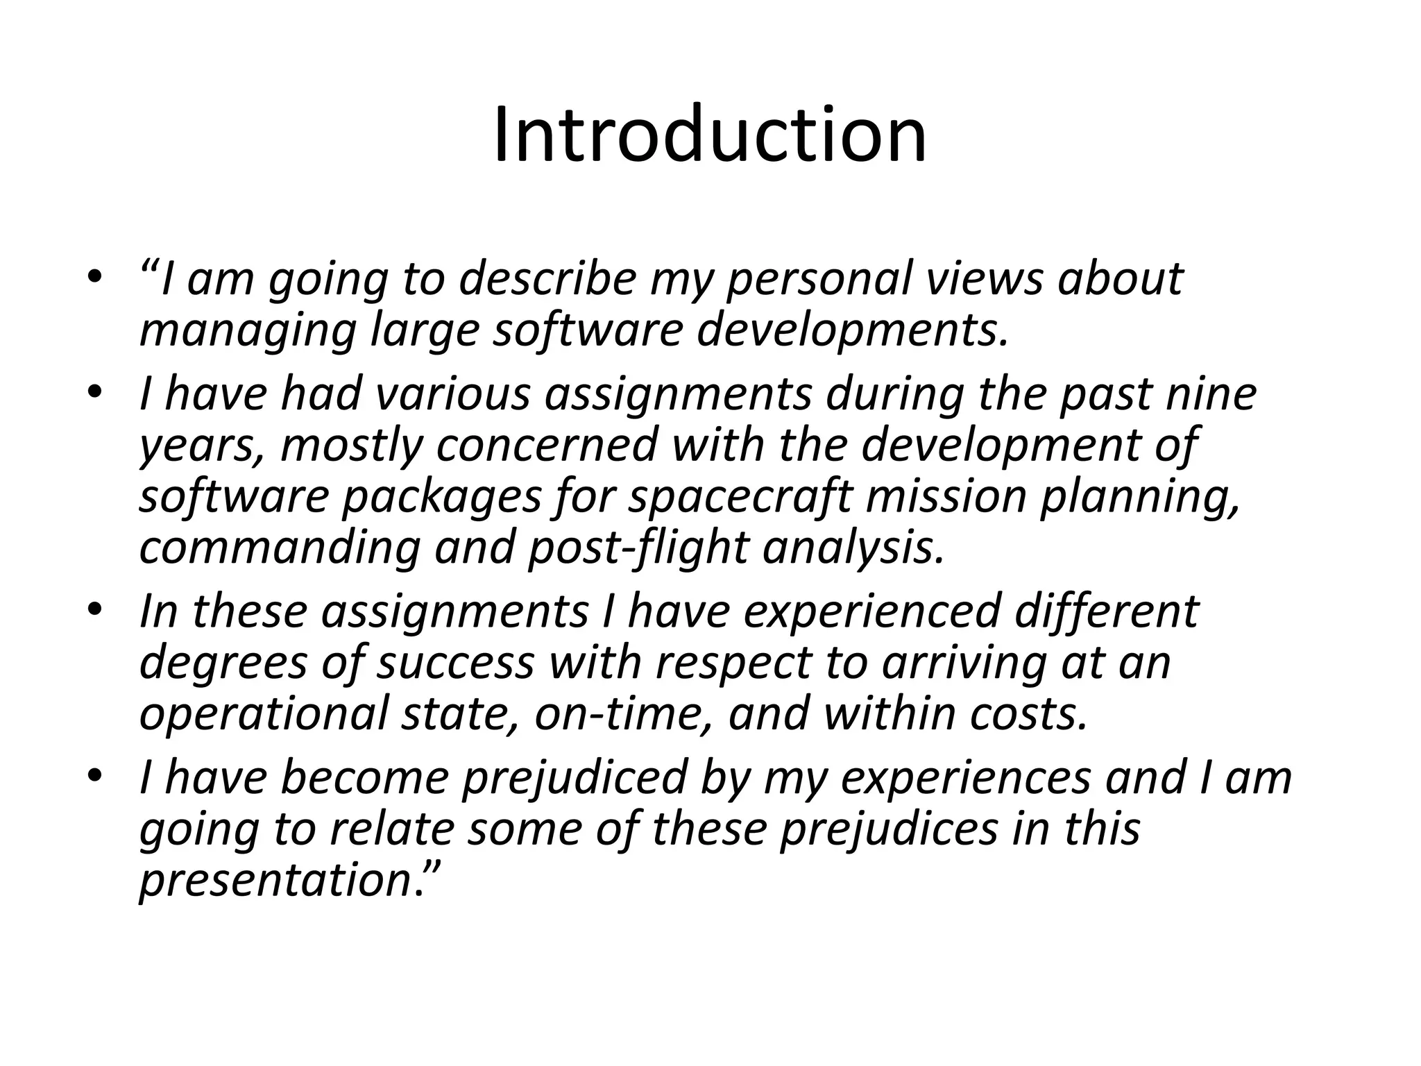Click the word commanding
click(279, 548)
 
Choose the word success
click(455, 663)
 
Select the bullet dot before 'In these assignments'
click(95, 609)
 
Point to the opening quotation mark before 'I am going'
click(149, 267)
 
